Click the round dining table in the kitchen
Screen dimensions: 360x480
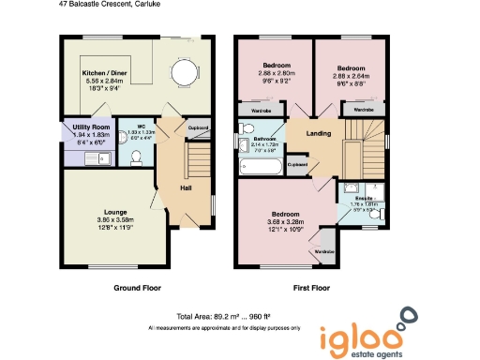(x=184, y=73)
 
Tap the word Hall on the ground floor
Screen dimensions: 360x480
(x=186, y=188)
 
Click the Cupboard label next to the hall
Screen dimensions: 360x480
(x=198, y=127)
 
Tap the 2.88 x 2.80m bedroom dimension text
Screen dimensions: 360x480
(x=275, y=73)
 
